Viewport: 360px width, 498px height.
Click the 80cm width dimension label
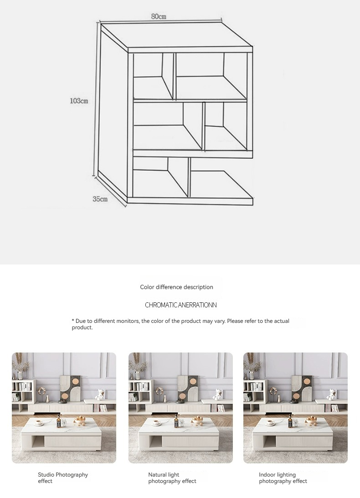[x=159, y=16]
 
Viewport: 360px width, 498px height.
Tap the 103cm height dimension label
[x=79, y=101]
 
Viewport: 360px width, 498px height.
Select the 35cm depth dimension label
[x=100, y=199]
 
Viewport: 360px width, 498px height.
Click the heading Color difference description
[x=176, y=287]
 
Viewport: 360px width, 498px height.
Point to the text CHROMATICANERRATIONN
[x=180, y=305]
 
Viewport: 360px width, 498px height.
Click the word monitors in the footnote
[x=128, y=321]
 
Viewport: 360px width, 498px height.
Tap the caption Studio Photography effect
[x=63, y=477]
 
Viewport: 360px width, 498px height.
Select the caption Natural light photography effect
[x=172, y=477]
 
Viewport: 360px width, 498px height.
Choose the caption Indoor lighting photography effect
[x=283, y=477]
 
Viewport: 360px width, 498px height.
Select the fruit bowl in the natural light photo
[x=197, y=420]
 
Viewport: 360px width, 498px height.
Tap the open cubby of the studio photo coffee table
[x=38, y=442]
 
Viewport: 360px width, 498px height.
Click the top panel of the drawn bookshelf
[x=177, y=35]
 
